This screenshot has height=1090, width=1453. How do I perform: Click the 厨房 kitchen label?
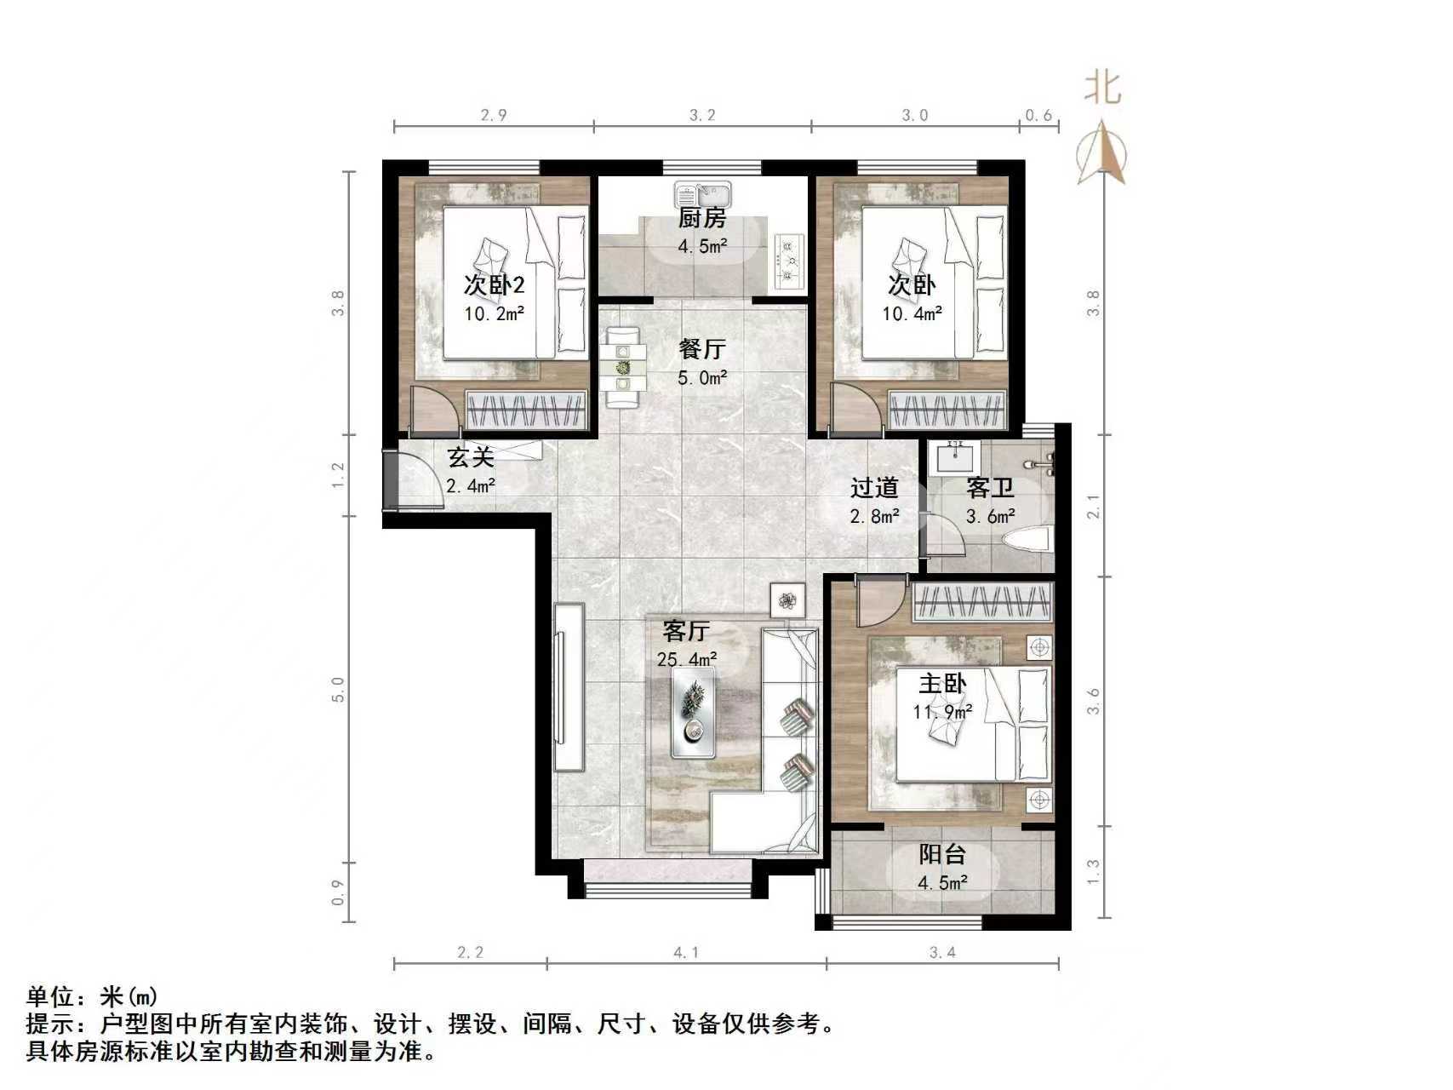coord(701,219)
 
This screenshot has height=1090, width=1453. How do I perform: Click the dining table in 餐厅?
coord(623,368)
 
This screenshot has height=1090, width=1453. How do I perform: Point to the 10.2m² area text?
coord(494,313)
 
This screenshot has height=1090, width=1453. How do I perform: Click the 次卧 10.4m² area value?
coord(912,313)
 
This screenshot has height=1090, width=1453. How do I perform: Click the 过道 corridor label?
coord(874,488)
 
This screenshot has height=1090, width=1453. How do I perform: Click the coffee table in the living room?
coord(693,712)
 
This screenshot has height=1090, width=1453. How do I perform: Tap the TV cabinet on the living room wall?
coord(569,686)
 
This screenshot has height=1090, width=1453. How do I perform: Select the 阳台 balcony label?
coord(942,854)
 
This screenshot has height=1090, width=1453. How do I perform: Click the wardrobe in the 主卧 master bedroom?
coord(983,603)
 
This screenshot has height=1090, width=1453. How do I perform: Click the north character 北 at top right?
coord(1102,89)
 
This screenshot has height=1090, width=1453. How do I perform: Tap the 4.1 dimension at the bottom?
coord(686,953)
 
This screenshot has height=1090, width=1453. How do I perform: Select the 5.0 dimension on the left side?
coord(338,689)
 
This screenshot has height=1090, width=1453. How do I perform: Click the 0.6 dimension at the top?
coord(1038,115)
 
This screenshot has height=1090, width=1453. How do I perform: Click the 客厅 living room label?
coord(686,631)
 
